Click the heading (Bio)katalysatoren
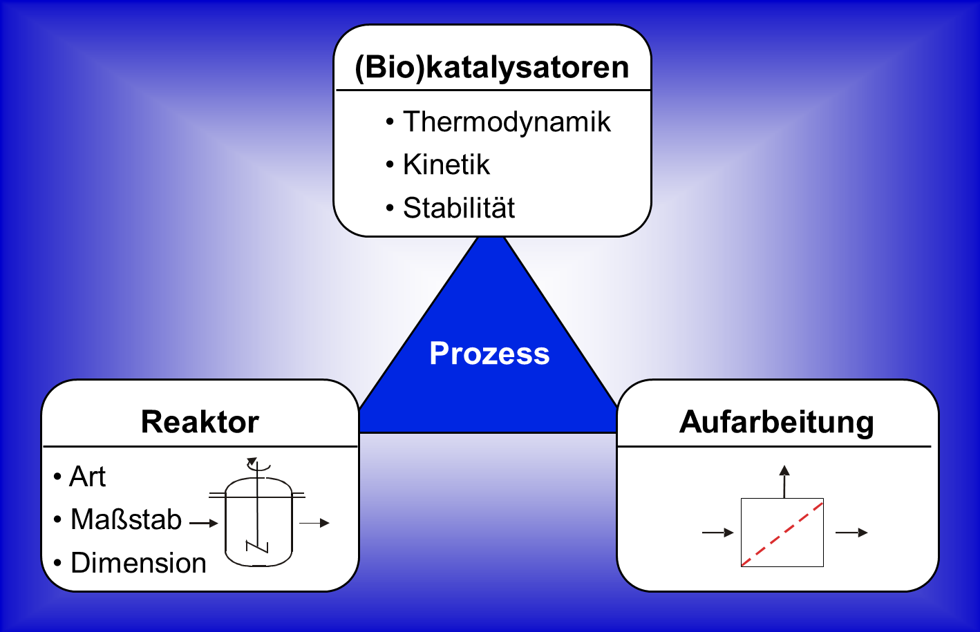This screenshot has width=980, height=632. pyautogui.click(x=492, y=68)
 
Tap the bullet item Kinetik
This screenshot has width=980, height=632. pyautogui.click(x=446, y=164)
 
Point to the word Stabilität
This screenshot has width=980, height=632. pyautogui.click(x=459, y=207)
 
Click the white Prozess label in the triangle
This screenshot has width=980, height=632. pyautogui.click(x=489, y=353)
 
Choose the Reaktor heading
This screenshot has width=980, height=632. pyautogui.click(x=200, y=422)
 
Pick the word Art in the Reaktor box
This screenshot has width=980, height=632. pyautogui.click(x=88, y=476)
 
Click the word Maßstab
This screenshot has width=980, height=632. pyautogui.click(x=126, y=519)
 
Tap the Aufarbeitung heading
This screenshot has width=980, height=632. pyautogui.click(x=777, y=423)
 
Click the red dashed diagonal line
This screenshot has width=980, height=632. pyautogui.click(x=782, y=534)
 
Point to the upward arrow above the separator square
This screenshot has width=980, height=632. pyautogui.click(x=784, y=481)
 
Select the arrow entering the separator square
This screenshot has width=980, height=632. pyautogui.click(x=718, y=533)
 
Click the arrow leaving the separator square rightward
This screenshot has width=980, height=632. pyautogui.click(x=851, y=533)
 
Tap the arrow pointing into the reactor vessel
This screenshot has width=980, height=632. pyautogui.click(x=204, y=523)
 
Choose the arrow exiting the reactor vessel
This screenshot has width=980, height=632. pyautogui.click(x=314, y=523)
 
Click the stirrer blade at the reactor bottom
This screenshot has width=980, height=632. pyautogui.click(x=257, y=547)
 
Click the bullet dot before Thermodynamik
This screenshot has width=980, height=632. pyautogui.click(x=390, y=122)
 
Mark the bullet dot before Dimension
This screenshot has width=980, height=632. pyautogui.click(x=57, y=562)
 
